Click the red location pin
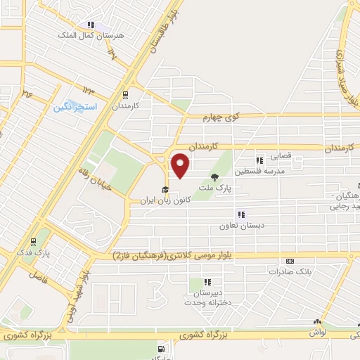click(181, 165)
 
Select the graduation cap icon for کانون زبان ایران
click(165, 189)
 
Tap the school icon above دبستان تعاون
click(240, 214)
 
